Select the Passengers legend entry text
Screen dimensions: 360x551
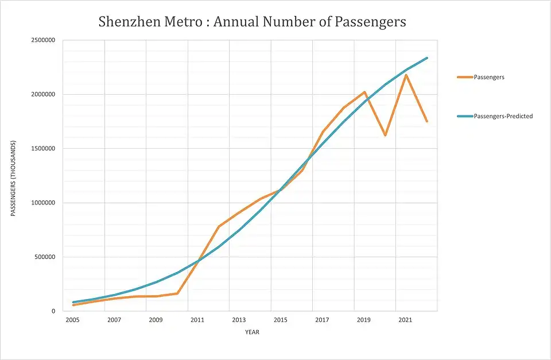(x=489, y=77)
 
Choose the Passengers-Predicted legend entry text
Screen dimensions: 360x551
(x=503, y=116)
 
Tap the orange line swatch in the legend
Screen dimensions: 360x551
(x=465, y=77)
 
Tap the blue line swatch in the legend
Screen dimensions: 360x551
(x=465, y=116)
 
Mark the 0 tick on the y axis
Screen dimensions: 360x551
(x=53, y=311)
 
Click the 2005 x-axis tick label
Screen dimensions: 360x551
(x=72, y=320)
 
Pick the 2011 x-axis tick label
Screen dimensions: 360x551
(x=197, y=320)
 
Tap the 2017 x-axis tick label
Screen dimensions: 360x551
(x=322, y=320)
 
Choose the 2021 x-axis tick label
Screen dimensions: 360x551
(x=405, y=320)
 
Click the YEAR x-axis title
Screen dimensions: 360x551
(x=253, y=331)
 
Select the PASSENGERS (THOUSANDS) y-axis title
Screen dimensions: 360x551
(x=13, y=179)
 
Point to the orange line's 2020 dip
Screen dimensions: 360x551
(x=385, y=136)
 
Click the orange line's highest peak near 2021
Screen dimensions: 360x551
(x=406, y=75)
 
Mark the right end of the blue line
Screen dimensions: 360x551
(x=427, y=57)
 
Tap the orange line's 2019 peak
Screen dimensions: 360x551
(x=364, y=92)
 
